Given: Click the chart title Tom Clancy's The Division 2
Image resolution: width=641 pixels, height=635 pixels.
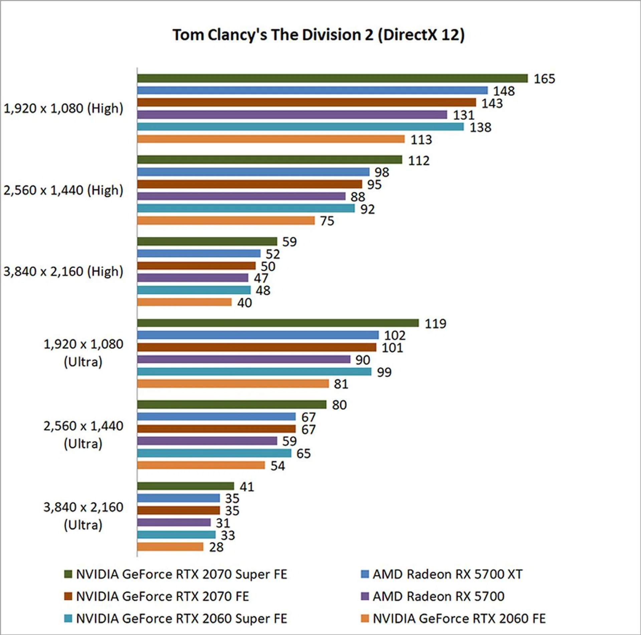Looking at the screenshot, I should coord(318,35).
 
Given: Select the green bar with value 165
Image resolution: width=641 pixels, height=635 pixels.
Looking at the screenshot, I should coord(332,78).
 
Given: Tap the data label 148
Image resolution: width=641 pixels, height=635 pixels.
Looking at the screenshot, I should coord(504,91).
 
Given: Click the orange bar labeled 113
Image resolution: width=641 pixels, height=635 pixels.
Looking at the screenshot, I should coord(271,139).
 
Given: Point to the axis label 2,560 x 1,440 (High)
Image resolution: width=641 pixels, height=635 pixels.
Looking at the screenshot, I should coord(63,190).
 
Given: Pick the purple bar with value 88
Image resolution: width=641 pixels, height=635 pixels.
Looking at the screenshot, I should coord(241,196).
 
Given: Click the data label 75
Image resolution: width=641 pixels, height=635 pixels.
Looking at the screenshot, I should coord(327,221).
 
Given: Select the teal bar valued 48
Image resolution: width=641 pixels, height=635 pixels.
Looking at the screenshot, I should coord(194,290).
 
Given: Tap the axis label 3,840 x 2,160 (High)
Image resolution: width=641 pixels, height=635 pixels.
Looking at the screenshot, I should coord(63,271).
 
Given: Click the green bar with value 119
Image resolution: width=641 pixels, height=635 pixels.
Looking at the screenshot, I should coord(278,323).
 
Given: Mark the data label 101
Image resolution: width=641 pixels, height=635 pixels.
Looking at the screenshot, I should coord(392,348).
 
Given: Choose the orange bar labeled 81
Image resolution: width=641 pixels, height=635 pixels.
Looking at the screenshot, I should coord(233,384).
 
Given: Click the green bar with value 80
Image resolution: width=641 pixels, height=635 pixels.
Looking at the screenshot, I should coord(231,405).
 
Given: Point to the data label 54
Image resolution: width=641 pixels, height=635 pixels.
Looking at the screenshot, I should coord(278,466).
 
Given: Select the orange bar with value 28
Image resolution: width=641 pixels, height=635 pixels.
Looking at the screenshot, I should coord(170,547).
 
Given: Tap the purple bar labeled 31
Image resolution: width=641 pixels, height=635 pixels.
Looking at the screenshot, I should coord(174,522).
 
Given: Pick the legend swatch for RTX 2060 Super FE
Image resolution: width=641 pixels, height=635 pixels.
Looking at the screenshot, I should coord(68,619).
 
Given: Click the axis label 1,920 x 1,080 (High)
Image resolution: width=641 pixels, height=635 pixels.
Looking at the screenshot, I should coord(63,109).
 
